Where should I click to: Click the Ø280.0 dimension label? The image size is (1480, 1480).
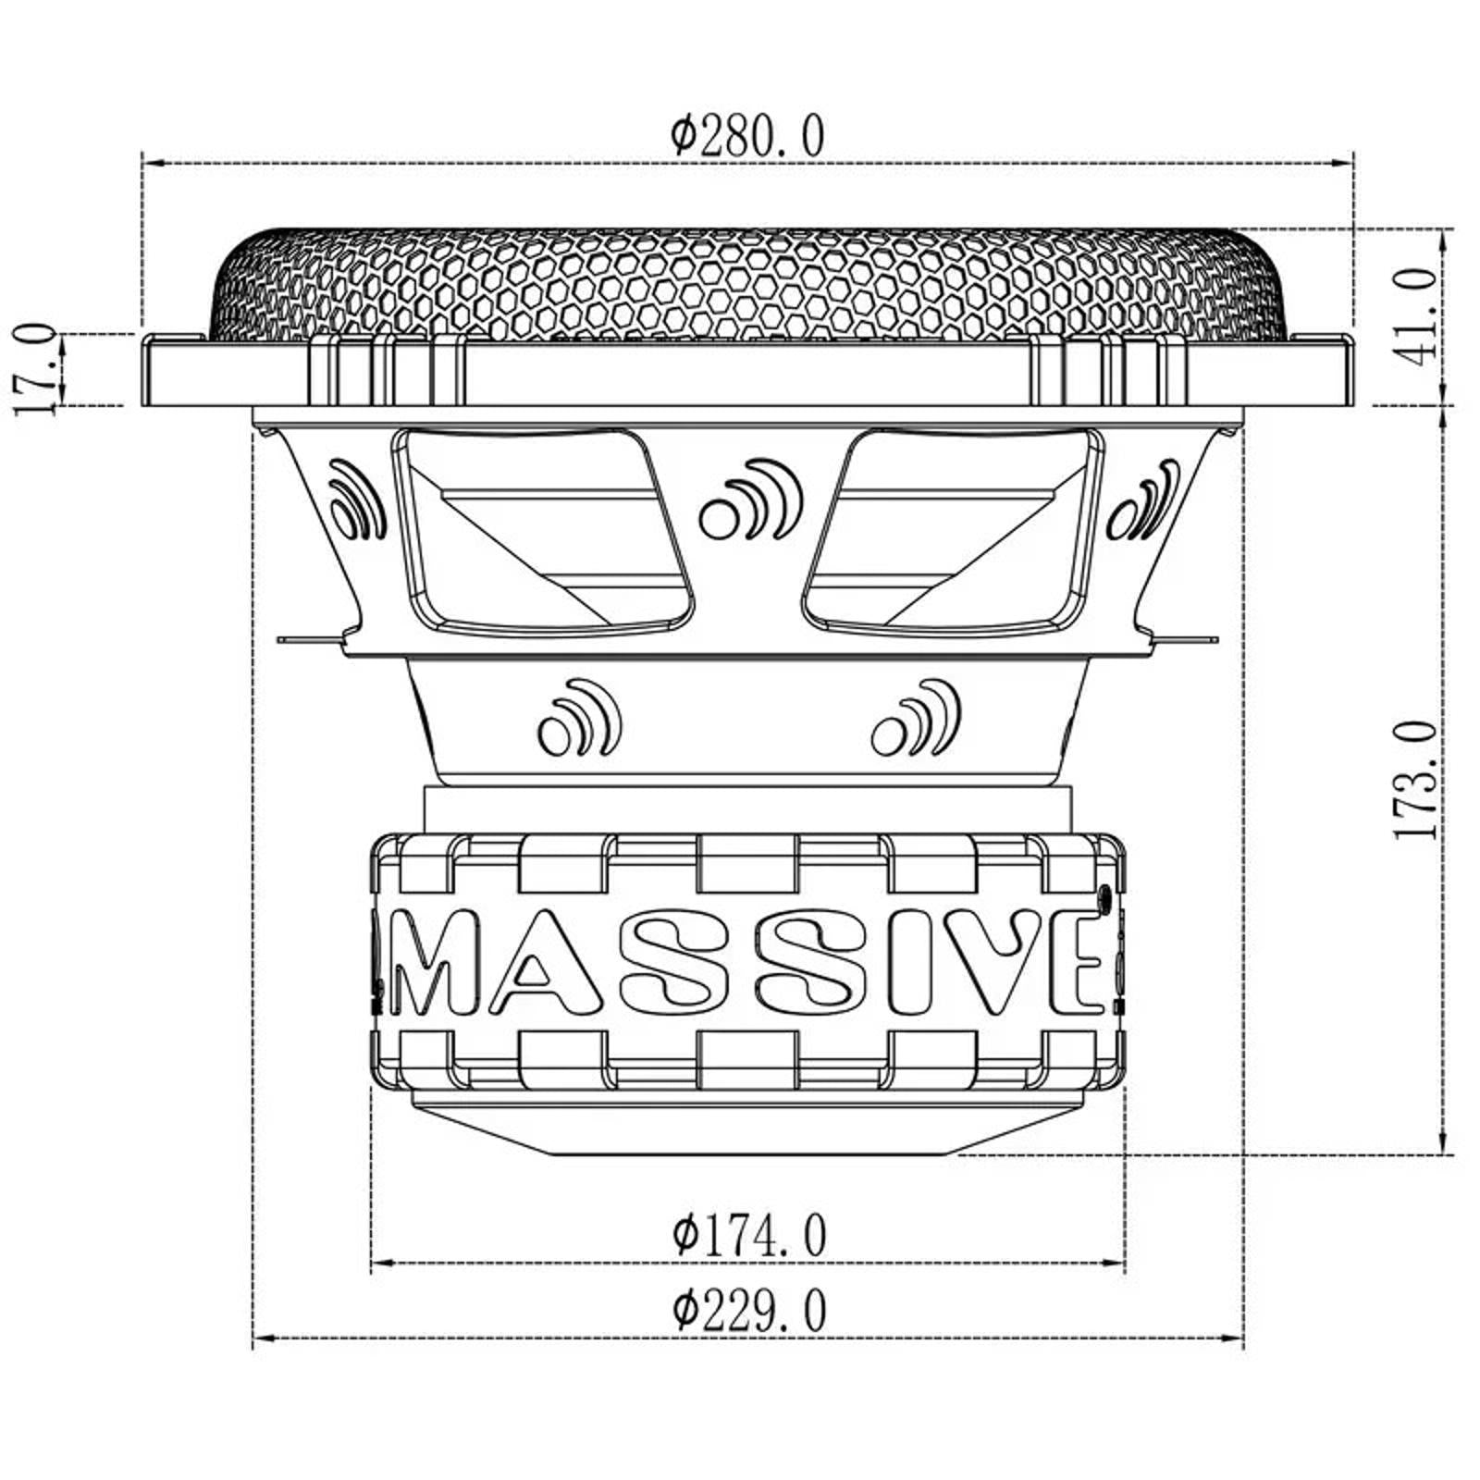click(x=747, y=137)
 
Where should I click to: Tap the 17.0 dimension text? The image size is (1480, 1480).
click(x=35, y=370)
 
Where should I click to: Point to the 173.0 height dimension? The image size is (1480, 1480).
click(x=1415, y=780)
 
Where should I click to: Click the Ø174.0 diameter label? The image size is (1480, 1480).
click(x=749, y=1235)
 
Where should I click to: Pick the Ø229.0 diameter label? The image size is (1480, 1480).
click(x=749, y=1311)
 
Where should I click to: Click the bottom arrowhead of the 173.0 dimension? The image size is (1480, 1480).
click(x=1443, y=1145)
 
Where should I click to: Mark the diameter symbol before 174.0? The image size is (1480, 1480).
click(x=684, y=1235)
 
